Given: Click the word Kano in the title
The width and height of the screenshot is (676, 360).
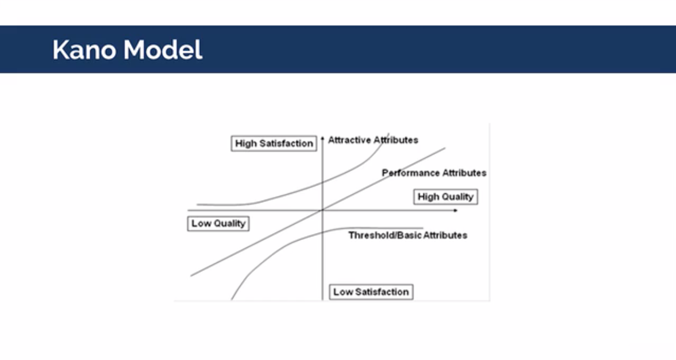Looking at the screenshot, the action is coord(84,50).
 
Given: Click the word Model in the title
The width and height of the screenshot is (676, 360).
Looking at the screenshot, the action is coord(163,50).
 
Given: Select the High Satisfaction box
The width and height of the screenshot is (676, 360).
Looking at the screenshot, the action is coord(274,143).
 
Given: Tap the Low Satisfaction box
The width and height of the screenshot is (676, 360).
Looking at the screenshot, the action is coord(371,292).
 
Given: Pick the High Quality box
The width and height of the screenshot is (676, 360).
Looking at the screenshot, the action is coord(446,197).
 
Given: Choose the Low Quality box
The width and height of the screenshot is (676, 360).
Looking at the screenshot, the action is coord(219,224).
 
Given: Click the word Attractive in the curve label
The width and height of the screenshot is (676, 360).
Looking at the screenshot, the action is coord(349,140).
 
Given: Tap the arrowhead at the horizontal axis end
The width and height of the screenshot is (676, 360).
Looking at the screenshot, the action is coord(455,211).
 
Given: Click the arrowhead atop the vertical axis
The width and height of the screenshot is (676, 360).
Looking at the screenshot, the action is coord(323,139).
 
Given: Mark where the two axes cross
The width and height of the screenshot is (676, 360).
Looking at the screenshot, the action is coord(323,210).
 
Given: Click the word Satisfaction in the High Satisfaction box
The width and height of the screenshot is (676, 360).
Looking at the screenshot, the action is coord(286,143).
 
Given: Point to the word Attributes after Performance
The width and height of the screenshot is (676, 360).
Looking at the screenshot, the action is coord(464,173).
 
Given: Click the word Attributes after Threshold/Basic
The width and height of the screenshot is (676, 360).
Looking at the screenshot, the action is coord(446,235).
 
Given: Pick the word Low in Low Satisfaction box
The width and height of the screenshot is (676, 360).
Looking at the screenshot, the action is coord(343,292).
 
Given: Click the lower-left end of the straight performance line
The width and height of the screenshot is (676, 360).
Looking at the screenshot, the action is coord(191,276).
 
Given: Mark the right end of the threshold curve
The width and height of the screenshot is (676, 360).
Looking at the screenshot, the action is coord(423,228).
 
